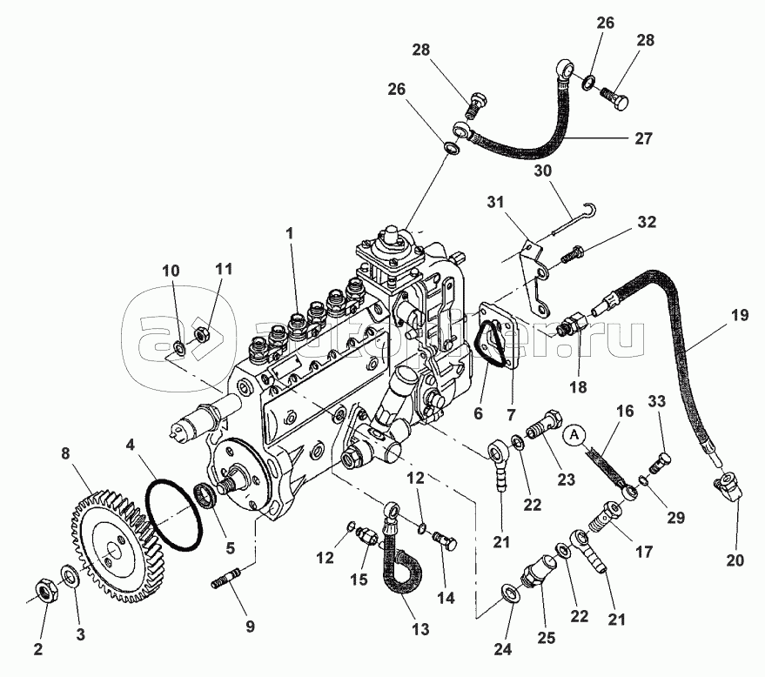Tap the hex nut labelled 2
click(44, 592)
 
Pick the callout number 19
click(739, 315)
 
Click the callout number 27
click(643, 138)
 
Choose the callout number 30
click(543, 172)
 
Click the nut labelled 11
click(199, 332)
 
